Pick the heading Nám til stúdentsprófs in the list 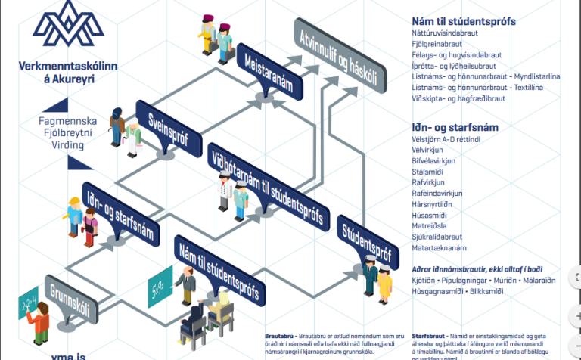click(x=464, y=21)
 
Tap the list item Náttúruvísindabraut click(x=449, y=33)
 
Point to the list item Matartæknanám click(x=439, y=247)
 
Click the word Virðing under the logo click(x=67, y=144)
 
